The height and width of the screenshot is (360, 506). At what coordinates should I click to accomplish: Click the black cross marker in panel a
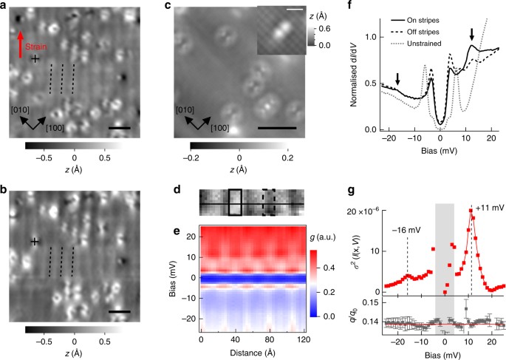(x=35, y=58)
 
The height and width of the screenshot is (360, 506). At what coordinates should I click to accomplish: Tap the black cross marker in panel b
(x=35, y=242)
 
